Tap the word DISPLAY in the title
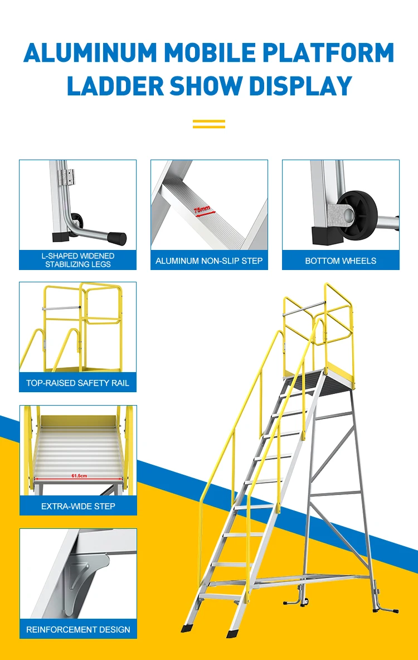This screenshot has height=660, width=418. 300,86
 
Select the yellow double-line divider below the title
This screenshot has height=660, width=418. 209,123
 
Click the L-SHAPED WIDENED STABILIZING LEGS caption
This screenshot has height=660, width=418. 78,260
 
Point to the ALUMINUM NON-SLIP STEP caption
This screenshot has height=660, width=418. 209,261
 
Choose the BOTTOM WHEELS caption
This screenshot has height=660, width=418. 341,261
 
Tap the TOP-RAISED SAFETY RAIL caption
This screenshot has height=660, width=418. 77,383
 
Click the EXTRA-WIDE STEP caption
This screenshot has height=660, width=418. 78,506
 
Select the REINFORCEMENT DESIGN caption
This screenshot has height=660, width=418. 78,629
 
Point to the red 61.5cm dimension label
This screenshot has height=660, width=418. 80,476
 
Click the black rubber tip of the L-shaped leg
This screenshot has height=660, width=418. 116,238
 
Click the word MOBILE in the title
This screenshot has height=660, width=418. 215,52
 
